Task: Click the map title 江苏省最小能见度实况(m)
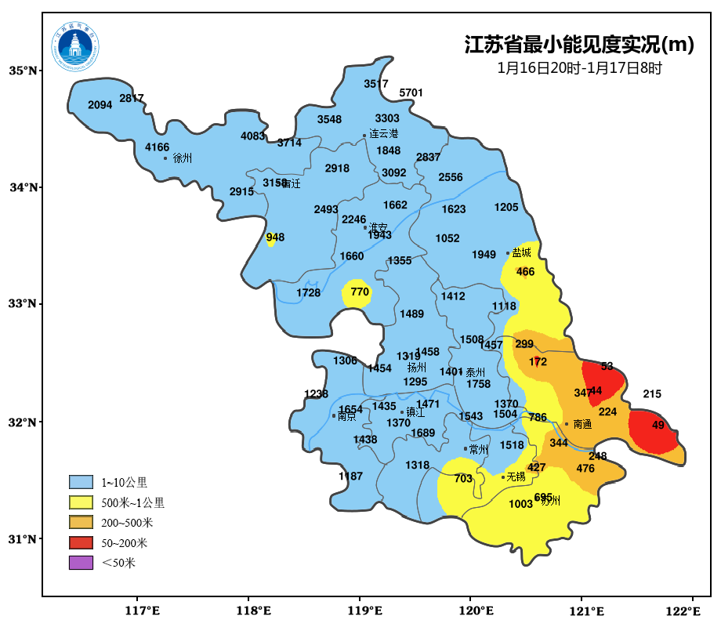[579, 45]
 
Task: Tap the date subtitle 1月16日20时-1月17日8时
[579, 68]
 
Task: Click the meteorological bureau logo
[76, 46]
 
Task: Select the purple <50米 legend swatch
[81, 563]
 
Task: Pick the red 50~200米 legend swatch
[81, 542]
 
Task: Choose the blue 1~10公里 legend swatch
[81, 481]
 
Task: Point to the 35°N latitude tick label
[23, 71]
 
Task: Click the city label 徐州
[182, 158]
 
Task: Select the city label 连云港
[384, 134]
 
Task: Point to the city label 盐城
[521, 252]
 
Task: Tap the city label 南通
[582, 424]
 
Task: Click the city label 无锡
[515, 476]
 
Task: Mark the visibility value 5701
[411, 92]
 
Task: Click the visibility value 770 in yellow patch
[359, 292]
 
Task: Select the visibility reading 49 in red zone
[658, 426]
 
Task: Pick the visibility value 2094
[100, 105]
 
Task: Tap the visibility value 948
[275, 237]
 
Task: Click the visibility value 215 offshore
[652, 394]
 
